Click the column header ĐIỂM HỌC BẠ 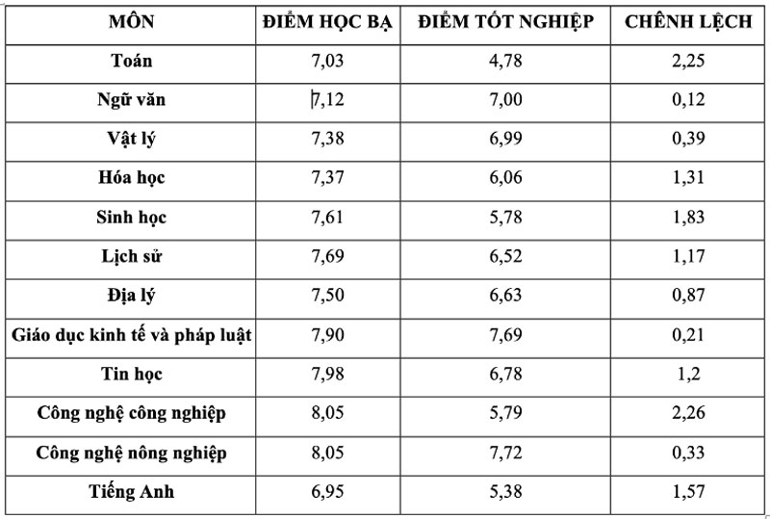[328, 22]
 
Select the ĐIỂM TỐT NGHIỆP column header [506, 22]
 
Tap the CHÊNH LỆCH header [688, 22]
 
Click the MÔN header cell [131, 22]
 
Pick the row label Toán [131, 61]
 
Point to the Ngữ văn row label [131, 99]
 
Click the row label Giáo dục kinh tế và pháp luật [131, 335]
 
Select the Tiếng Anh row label [131, 492]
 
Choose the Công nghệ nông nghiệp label [131, 453]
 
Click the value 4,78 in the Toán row [506, 61]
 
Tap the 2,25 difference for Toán [688, 61]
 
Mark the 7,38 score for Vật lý [328, 139]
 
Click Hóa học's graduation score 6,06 [506, 178]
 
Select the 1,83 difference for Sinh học [688, 218]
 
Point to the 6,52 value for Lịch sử [506, 256]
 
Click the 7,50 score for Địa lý [328, 296]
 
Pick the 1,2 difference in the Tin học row [688, 375]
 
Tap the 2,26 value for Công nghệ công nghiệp [688, 414]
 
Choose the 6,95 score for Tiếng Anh [328, 492]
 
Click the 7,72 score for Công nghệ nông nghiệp [506, 453]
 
